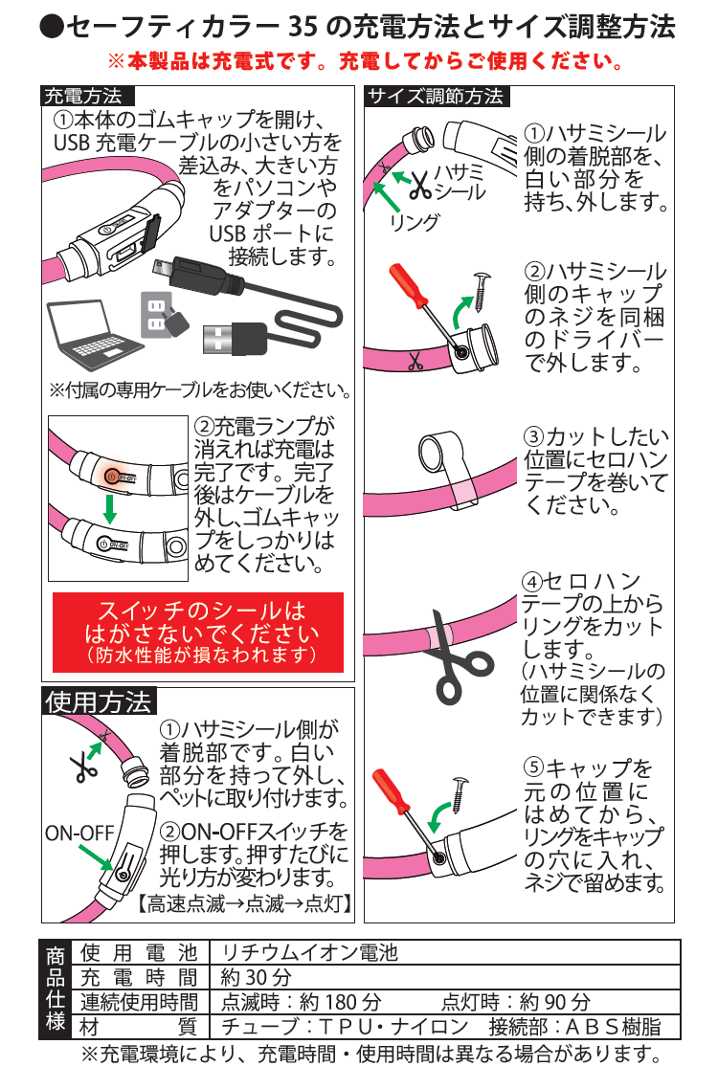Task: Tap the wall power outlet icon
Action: (x=156, y=312)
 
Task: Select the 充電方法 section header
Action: (x=83, y=96)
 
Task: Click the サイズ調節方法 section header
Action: (x=435, y=96)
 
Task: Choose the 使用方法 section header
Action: (x=99, y=701)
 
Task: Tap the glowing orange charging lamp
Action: (x=111, y=474)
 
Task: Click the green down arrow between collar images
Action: (x=109, y=507)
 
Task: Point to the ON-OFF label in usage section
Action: (x=79, y=833)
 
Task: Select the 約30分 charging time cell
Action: (x=255, y=978)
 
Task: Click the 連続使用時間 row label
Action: (x=138, y=1003)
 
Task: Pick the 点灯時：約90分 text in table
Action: (x=516, y=1003)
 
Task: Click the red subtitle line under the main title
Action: (x=365, y=62)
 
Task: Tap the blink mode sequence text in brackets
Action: (x=244, y=902)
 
